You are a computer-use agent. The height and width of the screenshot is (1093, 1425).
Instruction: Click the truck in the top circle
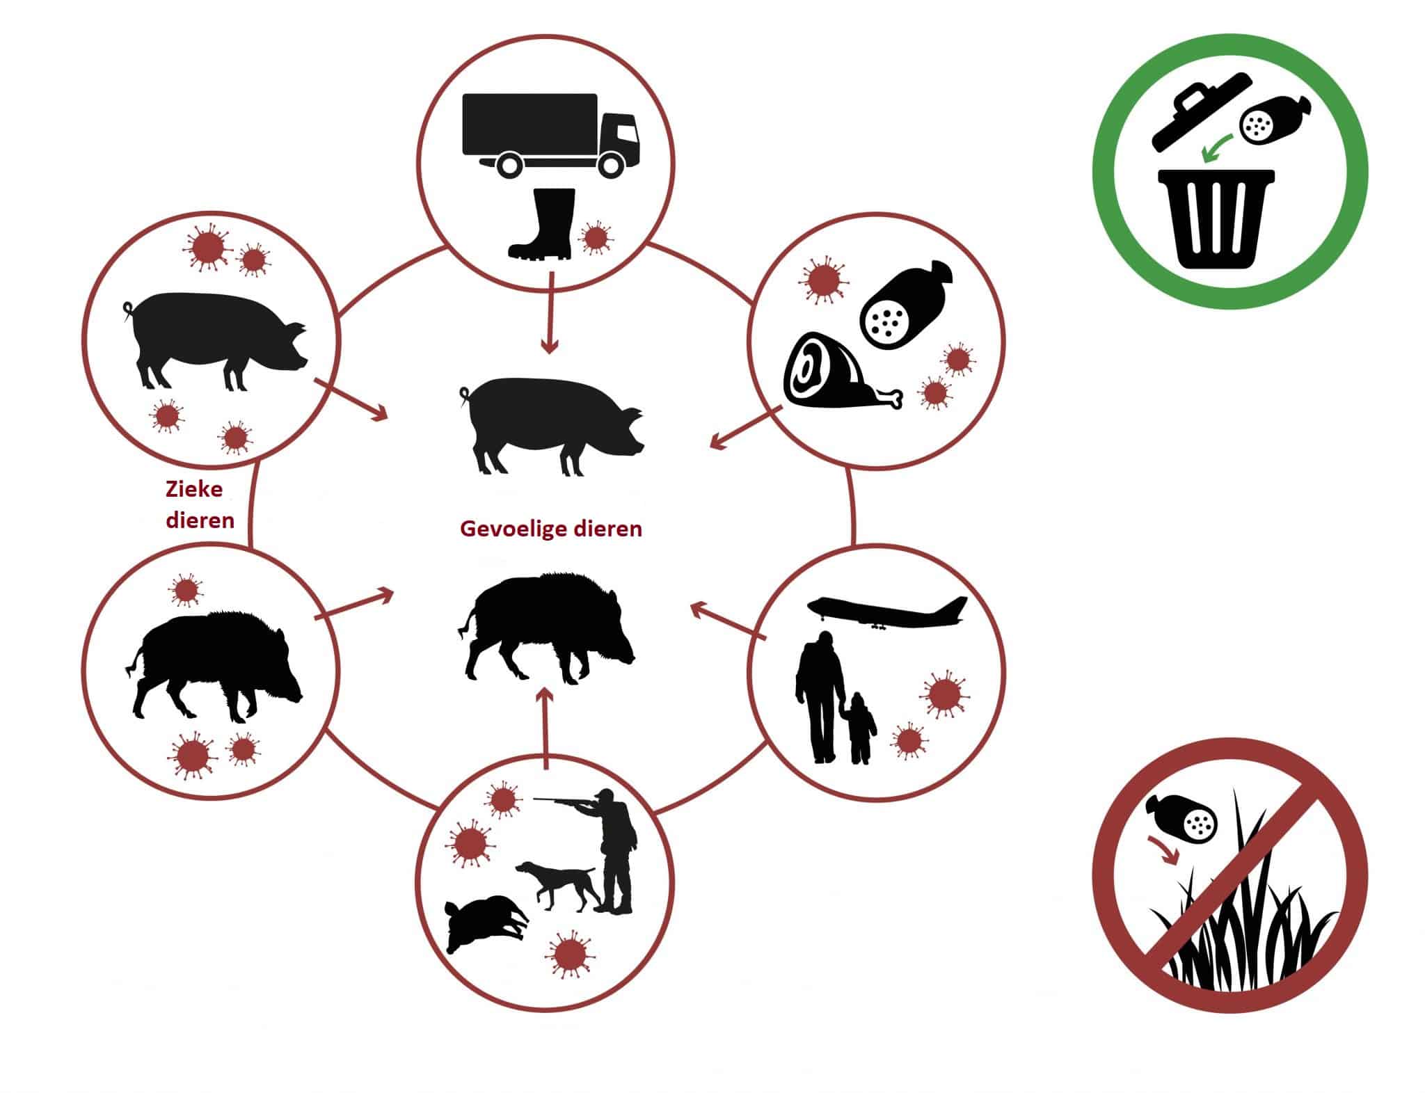click(549, 134)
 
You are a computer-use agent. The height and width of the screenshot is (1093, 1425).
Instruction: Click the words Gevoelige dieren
click(551, 529)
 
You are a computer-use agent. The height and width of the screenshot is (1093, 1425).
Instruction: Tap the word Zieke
click(194, 489)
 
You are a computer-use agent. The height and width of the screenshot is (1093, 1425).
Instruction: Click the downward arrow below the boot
click(550, 313)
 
